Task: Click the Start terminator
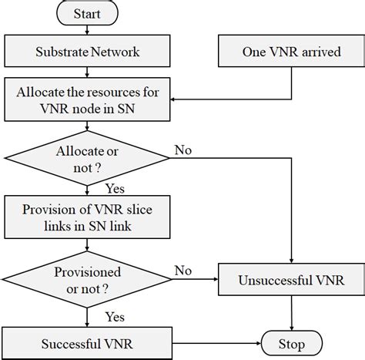click(x=87, y=14)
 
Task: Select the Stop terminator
click(x=291, y=344)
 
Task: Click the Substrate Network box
click(x=87, y=52)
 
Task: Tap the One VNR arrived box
click(x=292, y=52)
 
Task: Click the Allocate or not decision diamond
click(x=87, y=158)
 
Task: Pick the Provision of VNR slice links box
click(x=87, y=217)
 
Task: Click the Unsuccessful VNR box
click(x=292, y=278)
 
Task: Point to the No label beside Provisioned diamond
click(x=183, y=270)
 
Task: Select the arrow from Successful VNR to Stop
click(x=216, y=344)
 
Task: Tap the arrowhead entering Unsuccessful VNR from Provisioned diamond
click(x=215, y=278)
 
